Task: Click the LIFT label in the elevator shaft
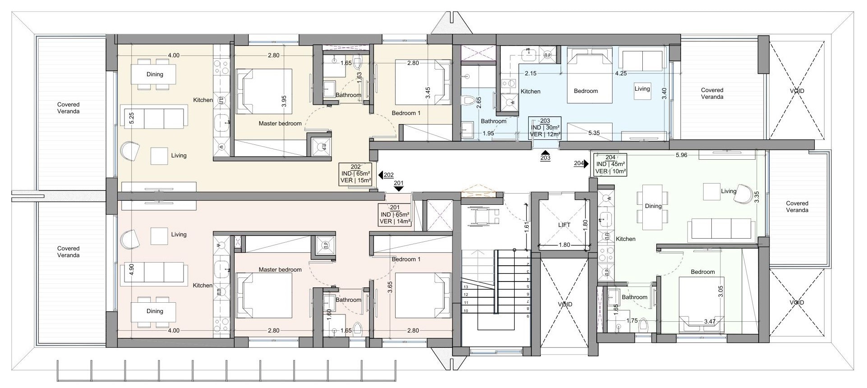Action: coord(564,225)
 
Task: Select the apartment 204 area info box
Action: coord(610,164)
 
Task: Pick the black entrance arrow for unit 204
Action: coord(586,164)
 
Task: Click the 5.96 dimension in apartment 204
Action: coord(682,155)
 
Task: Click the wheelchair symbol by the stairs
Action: coord(484,216)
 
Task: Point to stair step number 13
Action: coord(466,287)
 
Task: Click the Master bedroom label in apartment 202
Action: coord(280,123)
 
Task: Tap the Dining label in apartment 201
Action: coord(155,311)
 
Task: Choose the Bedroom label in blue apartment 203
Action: coord(586,91)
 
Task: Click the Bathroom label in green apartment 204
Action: coord(635,297)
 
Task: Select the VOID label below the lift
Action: coord(565,305)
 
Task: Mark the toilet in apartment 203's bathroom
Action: coord(470,101)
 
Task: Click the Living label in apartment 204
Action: coord(729,191)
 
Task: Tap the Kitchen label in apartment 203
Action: coord(530,91)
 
